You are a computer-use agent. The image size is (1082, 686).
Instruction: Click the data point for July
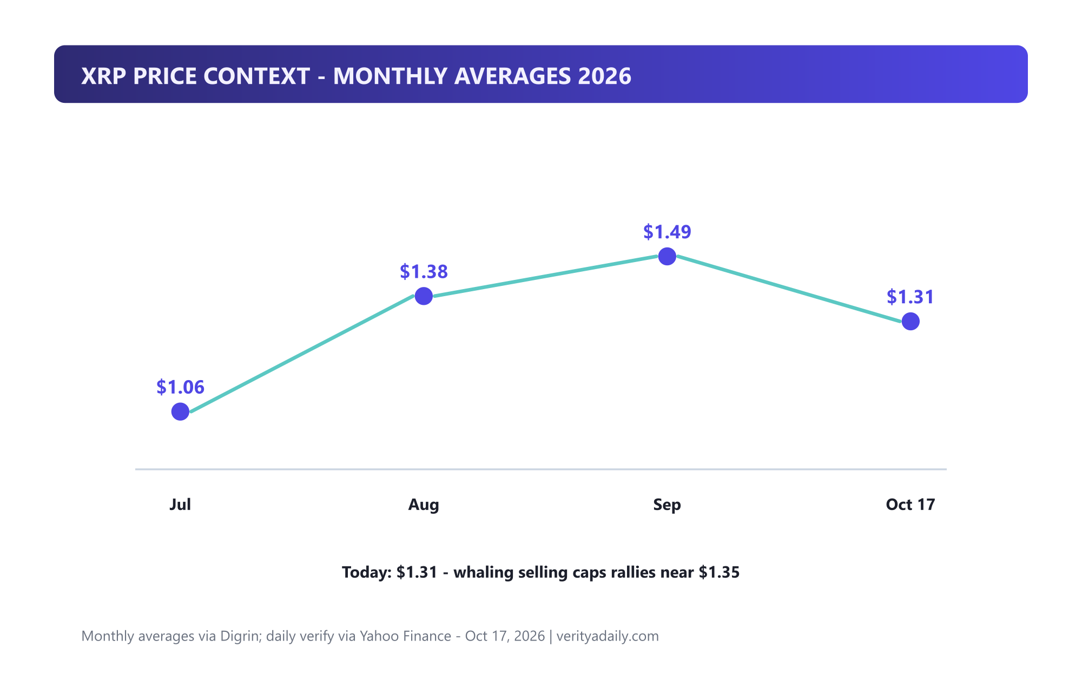pyautogui.click(x=180, y=411)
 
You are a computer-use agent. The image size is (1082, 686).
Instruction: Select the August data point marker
pyautogui.click(x=424, y=296)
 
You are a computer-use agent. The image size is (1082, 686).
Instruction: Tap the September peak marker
pyautogui.click(x=667, y=256)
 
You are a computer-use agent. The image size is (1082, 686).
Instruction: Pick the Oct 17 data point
pyautogui.click(x=911, y=321)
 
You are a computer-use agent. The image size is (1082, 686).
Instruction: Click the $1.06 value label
pyautogui.click(x=180, y=387)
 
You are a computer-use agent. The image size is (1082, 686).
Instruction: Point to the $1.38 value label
pyautogui.click(x=424, y=271)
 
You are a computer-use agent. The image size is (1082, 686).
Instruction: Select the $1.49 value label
pyautogui.click(x=667, y=232)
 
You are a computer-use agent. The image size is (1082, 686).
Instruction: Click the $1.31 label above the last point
pyautogui.click(x=911, y=297)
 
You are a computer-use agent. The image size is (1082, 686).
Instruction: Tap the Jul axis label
pyautogui.click(x=180, y=505)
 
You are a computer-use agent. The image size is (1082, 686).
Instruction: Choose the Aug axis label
pyautogui.click(x=424, y=505)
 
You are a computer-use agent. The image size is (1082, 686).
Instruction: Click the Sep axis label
pyautogui.click(x=667, y=505)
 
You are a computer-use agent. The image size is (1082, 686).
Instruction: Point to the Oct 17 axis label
pyautogui.click(x=911, y=505)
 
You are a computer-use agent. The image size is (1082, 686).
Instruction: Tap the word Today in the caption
pyautogui.click(x=366, y=572)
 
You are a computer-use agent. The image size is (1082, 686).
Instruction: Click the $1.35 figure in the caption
pyautogui.click(x=719, y=572)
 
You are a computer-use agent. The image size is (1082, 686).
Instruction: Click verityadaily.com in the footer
pyautogui.click(x=608, y=636)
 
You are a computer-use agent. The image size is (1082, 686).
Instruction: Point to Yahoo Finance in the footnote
pyautogui.click(x=406, y=636)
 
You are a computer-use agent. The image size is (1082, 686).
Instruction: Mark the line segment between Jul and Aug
pyautogui.click(x=302, y=354)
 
